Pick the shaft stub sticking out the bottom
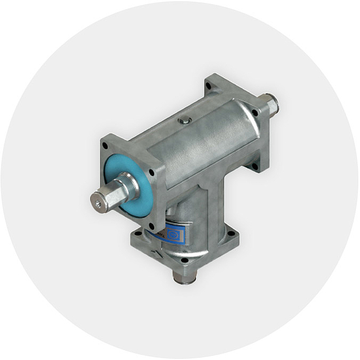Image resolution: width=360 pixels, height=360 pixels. click(x=184, y=276)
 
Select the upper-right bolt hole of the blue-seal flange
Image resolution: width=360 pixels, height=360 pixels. click(x=151, y=171)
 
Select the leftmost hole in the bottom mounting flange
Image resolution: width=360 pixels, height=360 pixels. click(x=137, y=234)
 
